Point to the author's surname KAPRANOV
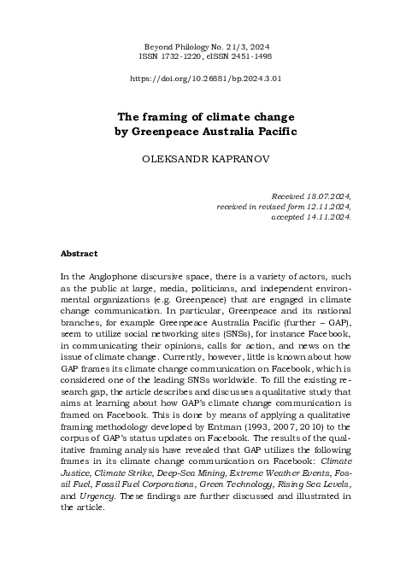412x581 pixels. [236, 159]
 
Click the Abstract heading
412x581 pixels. [79, 254]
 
